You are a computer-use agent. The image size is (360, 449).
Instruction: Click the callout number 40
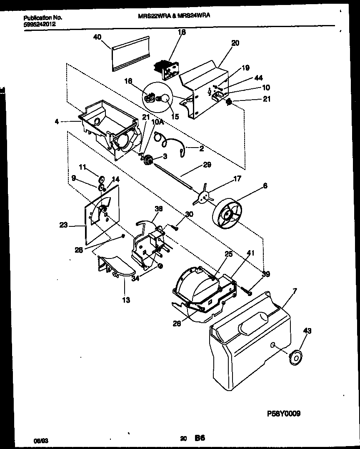pos(97,37)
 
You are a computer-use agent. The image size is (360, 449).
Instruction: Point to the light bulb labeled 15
pos(165,99)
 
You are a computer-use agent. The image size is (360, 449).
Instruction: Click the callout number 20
pos(235,43)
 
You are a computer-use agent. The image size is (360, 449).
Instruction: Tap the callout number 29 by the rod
pos(207,165)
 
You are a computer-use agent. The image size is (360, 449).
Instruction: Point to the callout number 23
pos(63,226)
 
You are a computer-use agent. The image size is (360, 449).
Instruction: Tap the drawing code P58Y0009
pos(283,414)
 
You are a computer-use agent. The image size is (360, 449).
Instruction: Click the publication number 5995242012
pos(40,24)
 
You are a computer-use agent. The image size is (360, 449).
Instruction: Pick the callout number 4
pos(56,122)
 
